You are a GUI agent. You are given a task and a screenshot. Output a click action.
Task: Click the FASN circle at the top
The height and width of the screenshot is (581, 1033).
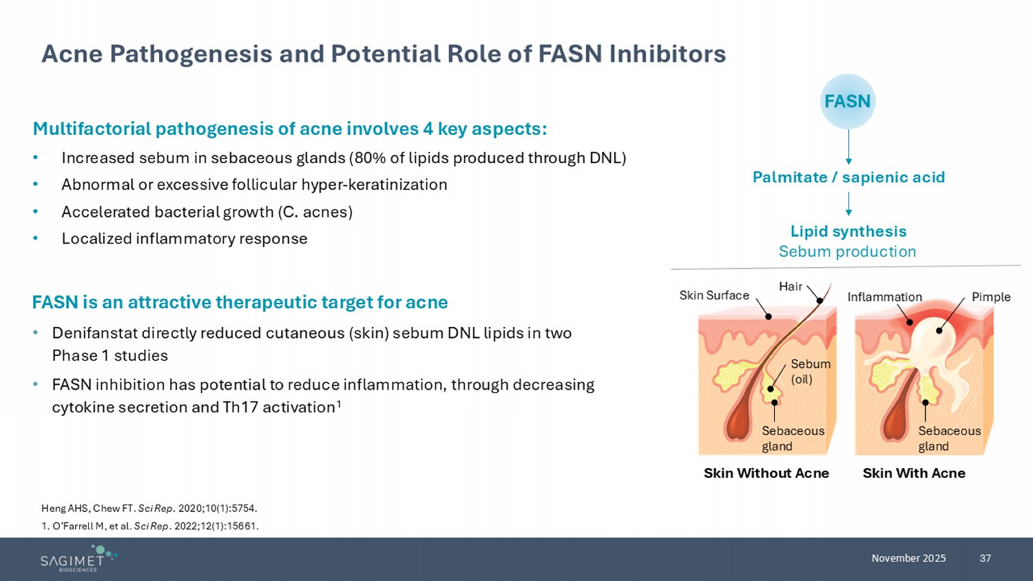pos(848,101)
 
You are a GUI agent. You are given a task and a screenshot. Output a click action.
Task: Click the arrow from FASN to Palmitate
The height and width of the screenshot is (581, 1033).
pos(848,147)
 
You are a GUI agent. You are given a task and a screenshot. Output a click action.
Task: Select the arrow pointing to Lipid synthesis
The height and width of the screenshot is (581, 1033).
pos(848,204)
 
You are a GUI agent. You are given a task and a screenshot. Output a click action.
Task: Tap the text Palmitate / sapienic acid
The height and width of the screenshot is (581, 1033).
pos(848,177)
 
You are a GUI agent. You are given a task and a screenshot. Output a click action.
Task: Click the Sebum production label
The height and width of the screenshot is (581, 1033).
pos(848,251)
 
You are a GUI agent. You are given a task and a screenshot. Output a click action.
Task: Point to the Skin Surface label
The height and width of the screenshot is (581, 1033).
pos(714,295)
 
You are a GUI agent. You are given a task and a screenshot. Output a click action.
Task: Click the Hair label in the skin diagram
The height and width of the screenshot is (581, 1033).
pos(791,286)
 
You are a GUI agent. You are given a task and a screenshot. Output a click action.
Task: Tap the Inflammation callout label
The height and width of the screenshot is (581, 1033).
pos(885,297)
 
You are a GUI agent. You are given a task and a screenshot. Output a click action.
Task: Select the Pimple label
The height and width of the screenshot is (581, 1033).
pos(991,297)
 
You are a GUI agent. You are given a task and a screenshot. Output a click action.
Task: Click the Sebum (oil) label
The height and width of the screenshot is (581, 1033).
pos(811,371)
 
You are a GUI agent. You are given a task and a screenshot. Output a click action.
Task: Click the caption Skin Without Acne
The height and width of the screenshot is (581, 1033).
pos(766,473)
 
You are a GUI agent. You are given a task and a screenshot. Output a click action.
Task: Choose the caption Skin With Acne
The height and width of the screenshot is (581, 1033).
pos(914,473)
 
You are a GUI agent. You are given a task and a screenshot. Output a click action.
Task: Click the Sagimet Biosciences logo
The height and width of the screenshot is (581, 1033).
pos(79,558)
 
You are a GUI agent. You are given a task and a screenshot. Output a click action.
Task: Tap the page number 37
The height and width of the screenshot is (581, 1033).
pos(985,558)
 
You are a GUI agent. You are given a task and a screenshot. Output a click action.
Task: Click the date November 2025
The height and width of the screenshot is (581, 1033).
pos(908,558)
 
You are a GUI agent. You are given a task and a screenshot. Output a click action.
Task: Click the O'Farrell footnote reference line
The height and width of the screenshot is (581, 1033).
pos(150,526)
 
